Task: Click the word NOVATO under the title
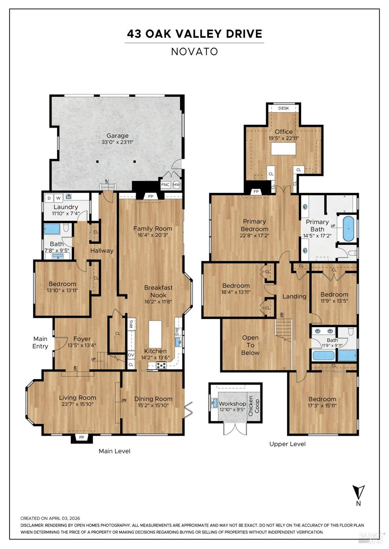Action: [x=194, y=52]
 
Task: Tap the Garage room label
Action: [x=117, y=136]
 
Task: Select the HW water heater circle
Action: [x=177, y=185]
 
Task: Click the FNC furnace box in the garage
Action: [x=166, y=185]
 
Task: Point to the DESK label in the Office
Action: [x=284, y=108]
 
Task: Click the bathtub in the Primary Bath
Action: [x=349, y=229]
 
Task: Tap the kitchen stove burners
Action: [x=161, y=365]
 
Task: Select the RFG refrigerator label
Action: [x=131, y=324]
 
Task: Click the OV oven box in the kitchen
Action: [x=131, y=355]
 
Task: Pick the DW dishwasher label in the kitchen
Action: [x=178, y=331]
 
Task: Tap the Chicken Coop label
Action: [x=254, y=406]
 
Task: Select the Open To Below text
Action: [x=250, y=345]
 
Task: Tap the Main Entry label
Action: [x=40, y=342]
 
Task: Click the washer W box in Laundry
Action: [x=58, y=198]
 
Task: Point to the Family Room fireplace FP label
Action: [x=151, y=196]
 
